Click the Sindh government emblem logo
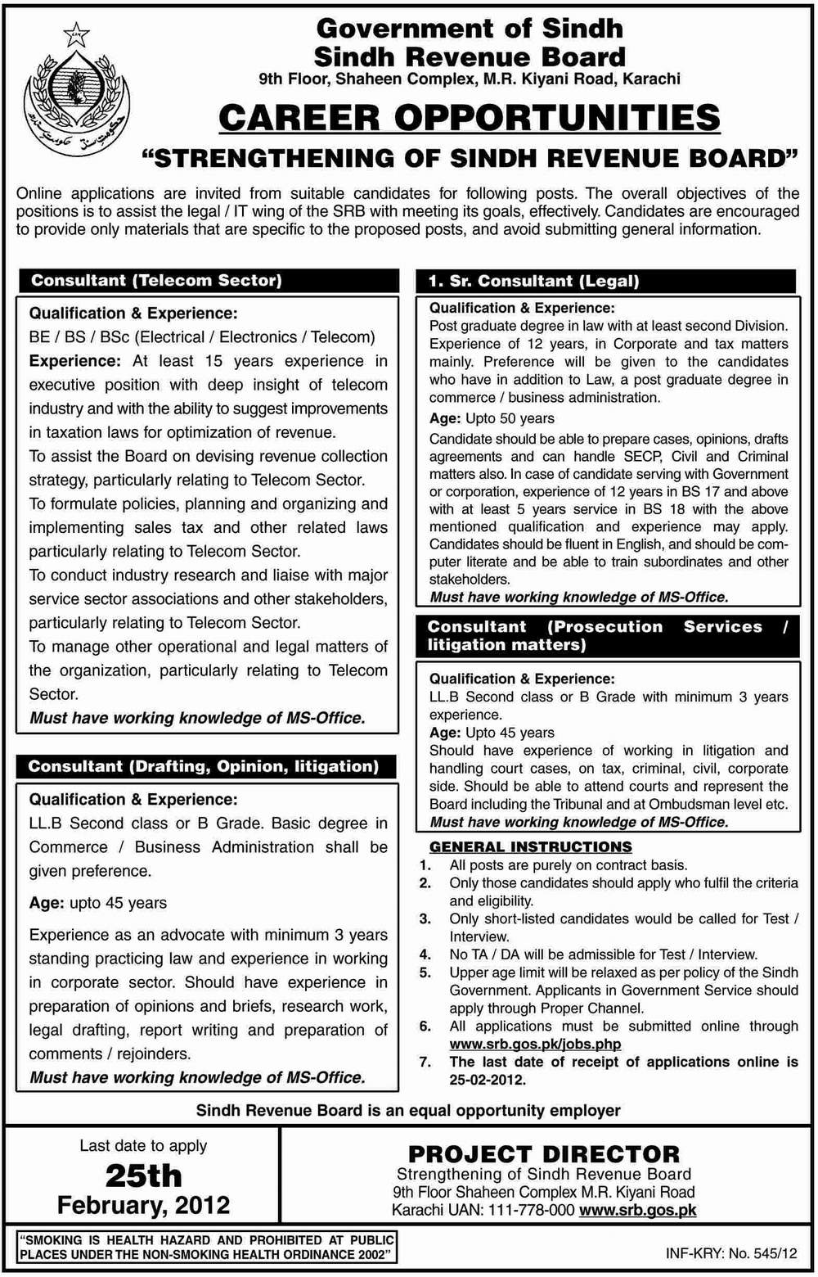(74, 98)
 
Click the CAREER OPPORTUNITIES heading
(470, 118)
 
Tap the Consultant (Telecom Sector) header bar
(209, 281)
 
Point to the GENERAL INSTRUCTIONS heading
(530, 846)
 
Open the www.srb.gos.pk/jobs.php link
(535, 1044)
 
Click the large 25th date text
(143, 1175)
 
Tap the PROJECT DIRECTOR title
(544, 1154)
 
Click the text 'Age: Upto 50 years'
(492, 418)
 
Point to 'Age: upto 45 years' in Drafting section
(98, 903)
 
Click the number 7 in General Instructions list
(425, 1062)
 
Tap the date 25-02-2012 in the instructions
(486, 1080)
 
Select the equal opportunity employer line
(408, 1111)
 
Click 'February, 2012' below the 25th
(143, 1205)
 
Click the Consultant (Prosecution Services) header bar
(607, 636)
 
